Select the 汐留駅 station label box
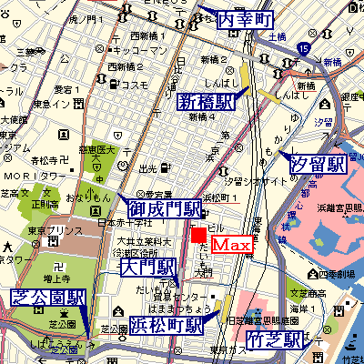(318, 164)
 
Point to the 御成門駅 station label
(168, 210)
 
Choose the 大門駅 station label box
(148, 268)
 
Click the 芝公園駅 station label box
(47, 299)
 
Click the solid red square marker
(199, 237)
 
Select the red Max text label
(232, 246)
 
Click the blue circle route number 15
(303, 47)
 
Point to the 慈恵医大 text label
(97, 149)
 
